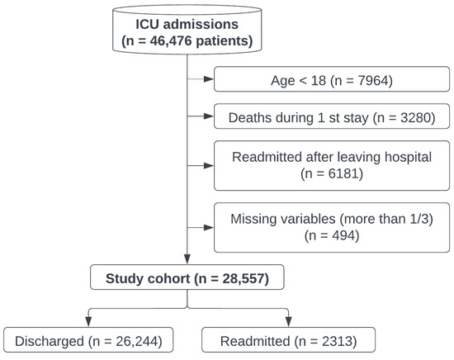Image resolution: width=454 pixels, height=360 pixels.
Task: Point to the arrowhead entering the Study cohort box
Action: click(x=187, y=263)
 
